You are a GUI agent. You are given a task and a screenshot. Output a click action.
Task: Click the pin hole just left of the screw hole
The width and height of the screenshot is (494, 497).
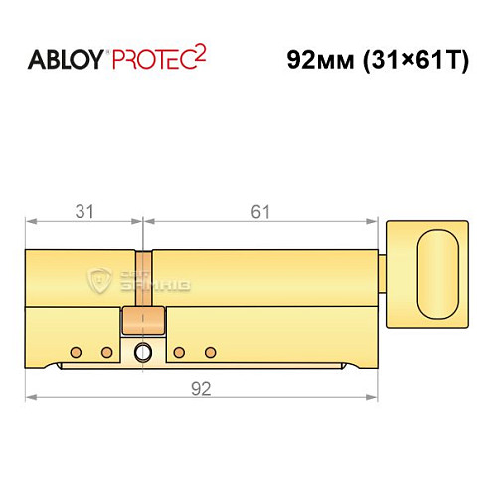coord(105,352)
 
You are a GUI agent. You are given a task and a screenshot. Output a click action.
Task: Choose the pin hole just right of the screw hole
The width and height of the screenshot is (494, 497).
coord(179,352)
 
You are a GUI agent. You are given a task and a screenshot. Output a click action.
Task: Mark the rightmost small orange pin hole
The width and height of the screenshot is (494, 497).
coord(210,352)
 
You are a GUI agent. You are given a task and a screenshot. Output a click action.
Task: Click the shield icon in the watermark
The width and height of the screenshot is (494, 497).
coord(98,279)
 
